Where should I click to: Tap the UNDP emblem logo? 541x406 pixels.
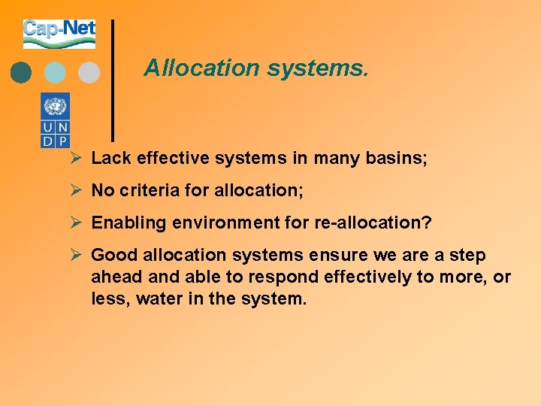55,120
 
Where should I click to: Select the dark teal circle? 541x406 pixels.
21,72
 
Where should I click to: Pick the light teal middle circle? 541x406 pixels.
55,72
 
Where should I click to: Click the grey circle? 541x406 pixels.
89,72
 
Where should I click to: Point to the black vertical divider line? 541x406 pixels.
113,80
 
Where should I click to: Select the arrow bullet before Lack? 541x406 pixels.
75,158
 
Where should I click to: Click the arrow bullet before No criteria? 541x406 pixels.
75,191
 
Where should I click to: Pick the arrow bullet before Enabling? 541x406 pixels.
75,223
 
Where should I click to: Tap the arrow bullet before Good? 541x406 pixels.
75,256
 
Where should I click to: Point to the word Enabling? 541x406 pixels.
123,223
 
